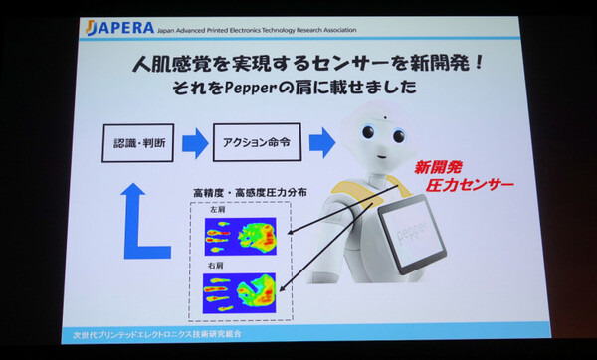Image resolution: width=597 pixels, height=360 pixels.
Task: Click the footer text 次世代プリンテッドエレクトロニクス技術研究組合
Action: pyautogui.click(x=151, y=335)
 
